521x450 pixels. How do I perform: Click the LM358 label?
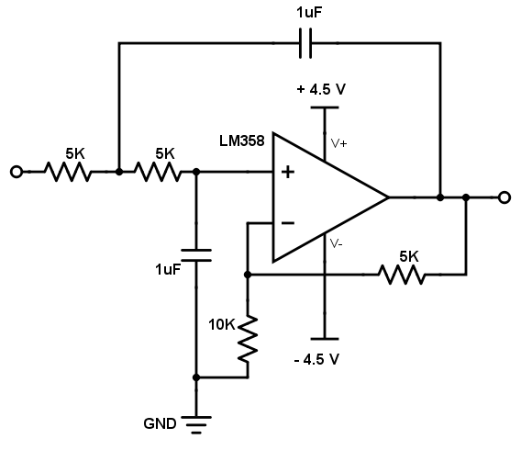point(242,141)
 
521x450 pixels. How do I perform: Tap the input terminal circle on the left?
point(17,172)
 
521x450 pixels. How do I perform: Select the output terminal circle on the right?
point(504,197)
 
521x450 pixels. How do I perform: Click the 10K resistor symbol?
point(248,339)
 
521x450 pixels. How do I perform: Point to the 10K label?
point(222,324)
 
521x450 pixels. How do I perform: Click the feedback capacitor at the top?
point(305,43)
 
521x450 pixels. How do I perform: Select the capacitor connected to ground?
point(196,255)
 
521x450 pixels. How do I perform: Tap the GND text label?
point(160,423)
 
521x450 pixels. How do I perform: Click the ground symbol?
point(196,424)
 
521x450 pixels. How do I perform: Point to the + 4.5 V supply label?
point(321,89)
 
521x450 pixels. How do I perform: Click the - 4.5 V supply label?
point(316,359)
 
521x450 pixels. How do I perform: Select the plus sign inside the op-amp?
point(288,173)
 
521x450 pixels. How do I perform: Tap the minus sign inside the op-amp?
point(288,223)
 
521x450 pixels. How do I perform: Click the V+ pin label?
point(338,143)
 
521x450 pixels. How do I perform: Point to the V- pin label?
point(337,244)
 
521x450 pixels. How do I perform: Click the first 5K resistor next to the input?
point(68,172)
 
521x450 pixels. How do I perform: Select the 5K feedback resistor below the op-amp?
point(402,275)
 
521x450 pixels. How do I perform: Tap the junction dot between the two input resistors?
point(119,172)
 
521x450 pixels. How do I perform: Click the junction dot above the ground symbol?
point(196,377)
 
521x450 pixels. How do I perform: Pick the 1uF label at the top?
point(309,13)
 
